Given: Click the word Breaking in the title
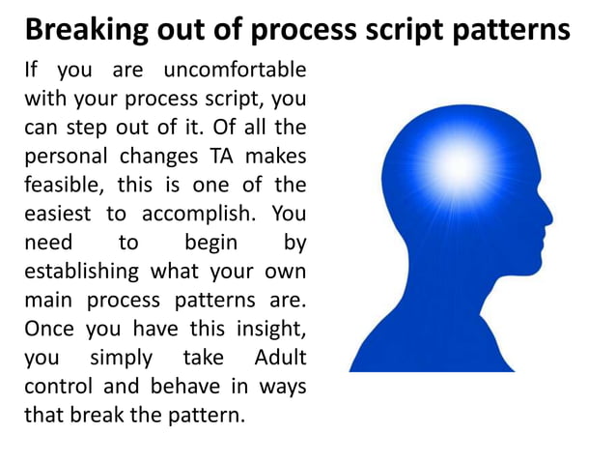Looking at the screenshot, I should (82, 30).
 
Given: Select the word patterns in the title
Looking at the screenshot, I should (513, 30).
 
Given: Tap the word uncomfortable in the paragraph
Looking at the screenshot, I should (235, 71).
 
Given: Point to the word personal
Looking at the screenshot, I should (63, 156).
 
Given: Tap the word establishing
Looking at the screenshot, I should (84, 271).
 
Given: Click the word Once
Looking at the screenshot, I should (47, 328).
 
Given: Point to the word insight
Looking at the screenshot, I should (270, 328).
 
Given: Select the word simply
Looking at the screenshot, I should (121, 357).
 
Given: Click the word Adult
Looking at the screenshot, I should (279, 357).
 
